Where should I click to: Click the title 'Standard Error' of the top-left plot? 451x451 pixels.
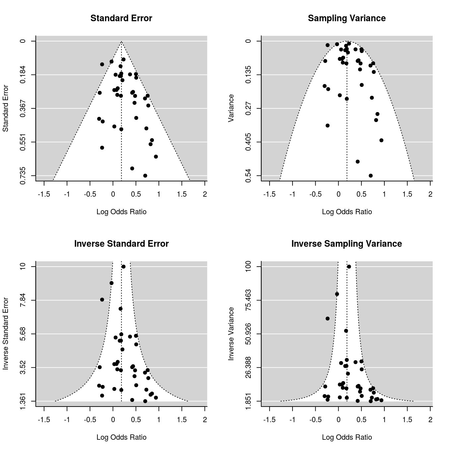[x=121, y=18]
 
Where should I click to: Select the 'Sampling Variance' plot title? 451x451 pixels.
[x=347, y=18]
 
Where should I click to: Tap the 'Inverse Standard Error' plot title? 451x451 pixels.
[x=121, y=244]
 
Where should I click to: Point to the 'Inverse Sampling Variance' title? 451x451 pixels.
[x=347, y=244]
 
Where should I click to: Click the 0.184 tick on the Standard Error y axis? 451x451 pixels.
[x=23, y=75]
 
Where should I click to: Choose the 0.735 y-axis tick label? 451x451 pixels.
[x=23, y=175]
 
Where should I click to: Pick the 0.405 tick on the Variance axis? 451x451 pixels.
[x=248, y=142]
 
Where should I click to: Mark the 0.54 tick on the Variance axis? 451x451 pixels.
[x=248, y=175]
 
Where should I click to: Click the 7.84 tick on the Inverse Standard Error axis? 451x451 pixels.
[x=23, y=300]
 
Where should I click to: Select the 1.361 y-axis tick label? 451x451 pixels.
[x=23, y=401]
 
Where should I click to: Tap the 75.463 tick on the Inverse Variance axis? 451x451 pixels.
[x=248, y=300]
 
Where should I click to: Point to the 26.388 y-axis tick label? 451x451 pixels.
[x=248, y=367]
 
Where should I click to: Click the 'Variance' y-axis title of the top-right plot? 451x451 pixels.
[x=231, y=108]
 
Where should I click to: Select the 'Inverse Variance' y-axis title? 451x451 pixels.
[x=231, y=334]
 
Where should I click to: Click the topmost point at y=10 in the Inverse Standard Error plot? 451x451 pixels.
[x=123, y=267]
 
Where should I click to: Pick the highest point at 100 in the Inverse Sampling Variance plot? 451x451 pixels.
[x=349, y=267]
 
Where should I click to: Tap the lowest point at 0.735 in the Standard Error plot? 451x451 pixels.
[x=145, y=175]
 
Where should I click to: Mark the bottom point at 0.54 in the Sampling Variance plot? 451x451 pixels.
[x=371, y=175]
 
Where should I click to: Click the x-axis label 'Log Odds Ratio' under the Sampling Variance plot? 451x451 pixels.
[x=347, y=212]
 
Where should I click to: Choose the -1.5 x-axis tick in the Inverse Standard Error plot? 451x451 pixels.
[x=44, y=420]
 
